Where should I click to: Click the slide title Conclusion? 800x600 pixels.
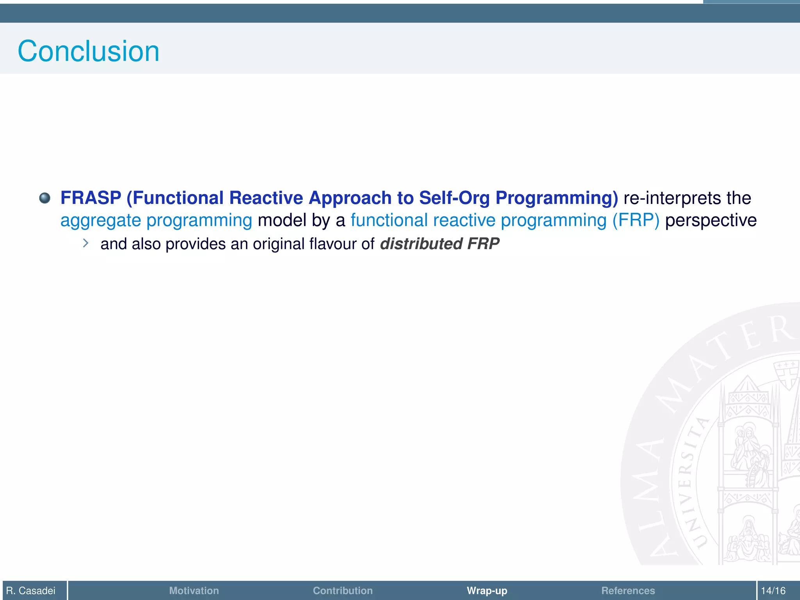click(88, 51)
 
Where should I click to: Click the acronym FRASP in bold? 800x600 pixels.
click(91, 198)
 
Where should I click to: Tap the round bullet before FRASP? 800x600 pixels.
click(45, 198)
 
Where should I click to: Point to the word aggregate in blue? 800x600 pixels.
click(100, 220)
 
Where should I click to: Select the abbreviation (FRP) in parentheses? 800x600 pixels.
click(636, 220)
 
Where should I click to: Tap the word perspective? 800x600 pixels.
click(711, 220)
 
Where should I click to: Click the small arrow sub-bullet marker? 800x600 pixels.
click(86, 243)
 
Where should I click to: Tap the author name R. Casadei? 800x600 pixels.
click(31, 590)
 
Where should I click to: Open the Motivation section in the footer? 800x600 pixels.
click(194, 590)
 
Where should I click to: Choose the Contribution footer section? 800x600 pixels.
click(343, 590)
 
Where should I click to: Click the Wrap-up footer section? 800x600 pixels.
click(487, 590)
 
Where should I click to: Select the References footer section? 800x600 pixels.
click(628, 590)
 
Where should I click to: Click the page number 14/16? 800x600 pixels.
click(773, 590)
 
